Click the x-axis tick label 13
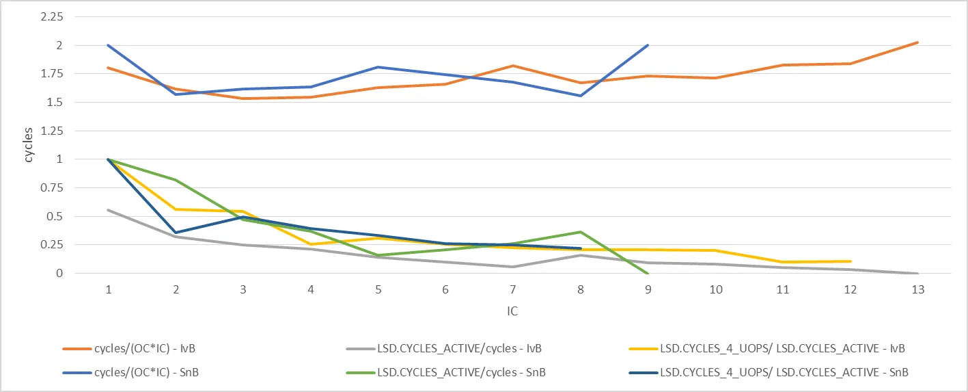coord(918,290)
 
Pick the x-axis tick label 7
coord(513,290)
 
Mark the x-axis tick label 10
coord(715,290)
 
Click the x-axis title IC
coord(512,312)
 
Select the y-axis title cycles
coord(29,145)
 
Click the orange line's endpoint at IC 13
coord(918,42)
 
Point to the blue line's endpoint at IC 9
coord(648,45)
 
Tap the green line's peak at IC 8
coord(580,232)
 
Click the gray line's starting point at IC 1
coord(109,210)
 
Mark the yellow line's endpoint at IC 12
coord(851,261)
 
